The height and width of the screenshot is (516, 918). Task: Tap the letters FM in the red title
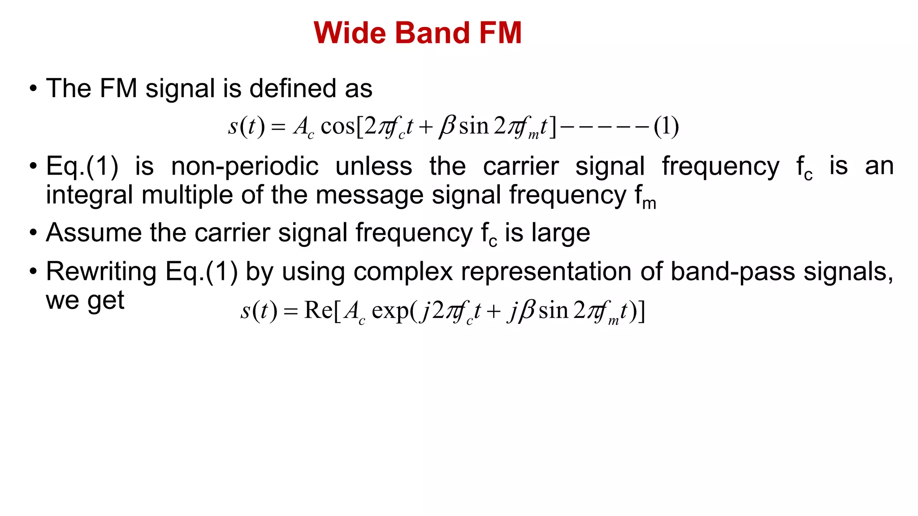[x=500, y=33]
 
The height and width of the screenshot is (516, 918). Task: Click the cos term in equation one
[x=338, y=126]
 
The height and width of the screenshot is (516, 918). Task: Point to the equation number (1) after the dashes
[x=666, y=126]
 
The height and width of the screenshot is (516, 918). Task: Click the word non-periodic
[x=245, y=167]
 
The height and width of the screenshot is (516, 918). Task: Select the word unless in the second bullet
[x=374, y=167]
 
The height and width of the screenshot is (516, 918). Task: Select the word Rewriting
[x=101, y=272]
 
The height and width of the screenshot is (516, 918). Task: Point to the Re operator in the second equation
[x=318, y=310]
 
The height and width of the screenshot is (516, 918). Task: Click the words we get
[x=85, y=301]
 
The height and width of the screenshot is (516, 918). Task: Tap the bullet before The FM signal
[x=33, y=88]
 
